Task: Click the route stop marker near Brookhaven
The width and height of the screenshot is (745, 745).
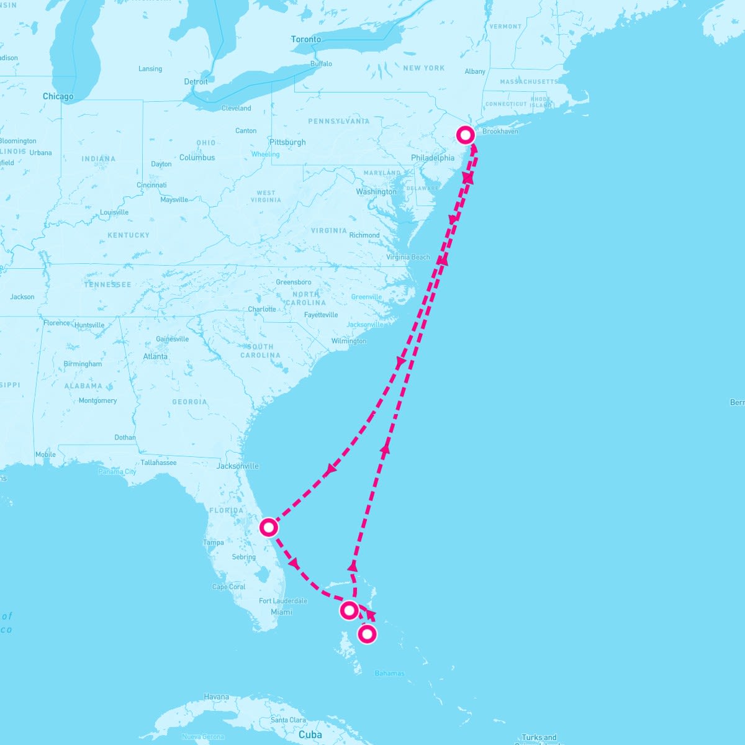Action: coord(466,135)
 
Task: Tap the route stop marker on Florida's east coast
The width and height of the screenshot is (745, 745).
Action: coord(268,528)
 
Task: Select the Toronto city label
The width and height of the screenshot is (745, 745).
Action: coord(306,39)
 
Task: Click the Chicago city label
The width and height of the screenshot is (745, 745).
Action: coord(58,96)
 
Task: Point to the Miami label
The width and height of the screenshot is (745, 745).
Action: coord(281,612)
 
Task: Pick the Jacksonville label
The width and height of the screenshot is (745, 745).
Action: coord(238,466)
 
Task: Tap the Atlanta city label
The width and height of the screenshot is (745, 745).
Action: coord(155,356)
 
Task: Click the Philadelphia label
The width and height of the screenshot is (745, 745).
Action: coord(433,158)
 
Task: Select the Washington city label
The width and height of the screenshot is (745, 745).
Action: coord(376,192)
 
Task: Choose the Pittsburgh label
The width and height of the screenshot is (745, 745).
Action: coord(287,142)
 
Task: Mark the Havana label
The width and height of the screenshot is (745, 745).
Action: coord(217,697)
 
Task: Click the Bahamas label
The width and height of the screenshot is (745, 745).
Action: coord(390,674)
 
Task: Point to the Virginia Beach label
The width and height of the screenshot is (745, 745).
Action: coord(408,257)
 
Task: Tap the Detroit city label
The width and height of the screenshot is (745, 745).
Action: coord(196,82)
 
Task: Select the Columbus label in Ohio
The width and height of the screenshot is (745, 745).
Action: coord(197,158)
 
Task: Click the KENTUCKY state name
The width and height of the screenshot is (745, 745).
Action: coord(129,235)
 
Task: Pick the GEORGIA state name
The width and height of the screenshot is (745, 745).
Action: coord(189,402)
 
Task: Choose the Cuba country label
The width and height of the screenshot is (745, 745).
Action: coord(310,735)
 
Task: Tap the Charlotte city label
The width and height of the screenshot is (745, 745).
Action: coord(262,309)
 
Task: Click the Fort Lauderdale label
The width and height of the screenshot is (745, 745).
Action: coord(283,601)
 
